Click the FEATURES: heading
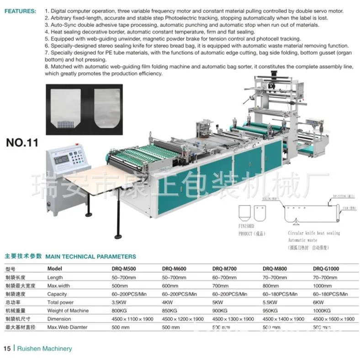coord(20,10)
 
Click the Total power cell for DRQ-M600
coord(168,302)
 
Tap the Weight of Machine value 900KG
coord(221,311)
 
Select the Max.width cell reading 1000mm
coord(323,286)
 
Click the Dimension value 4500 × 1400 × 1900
coord(284,319)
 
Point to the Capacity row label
coord(57,294)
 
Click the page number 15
coord(7,349)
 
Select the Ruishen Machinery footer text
coord(44,349)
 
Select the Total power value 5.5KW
coord(271,302)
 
